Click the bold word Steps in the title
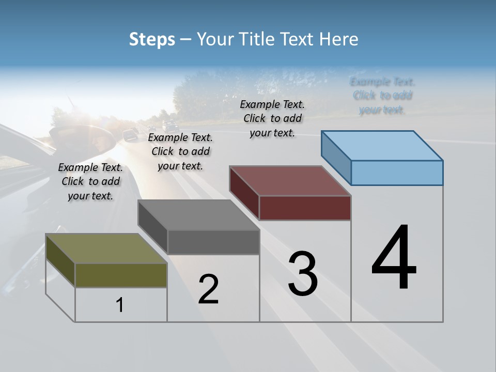tap(152, 39)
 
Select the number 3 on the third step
tap(303, 274)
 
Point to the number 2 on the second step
tap(209, 290)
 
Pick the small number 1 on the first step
tap(120, 305)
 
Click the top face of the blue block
tap(382, 146)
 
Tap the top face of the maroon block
tap(290, 181)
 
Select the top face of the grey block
tap(198, 215)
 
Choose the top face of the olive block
tap(106, 249)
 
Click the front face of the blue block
tap(397, 173)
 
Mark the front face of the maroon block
tap(305, 208)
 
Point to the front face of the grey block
tap(213, 242)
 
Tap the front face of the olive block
tap(121, 275)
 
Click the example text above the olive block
tap(90, 181)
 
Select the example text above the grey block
tap(180, 151)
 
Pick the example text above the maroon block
tap(272, 118)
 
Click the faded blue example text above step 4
tap(382, 96)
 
